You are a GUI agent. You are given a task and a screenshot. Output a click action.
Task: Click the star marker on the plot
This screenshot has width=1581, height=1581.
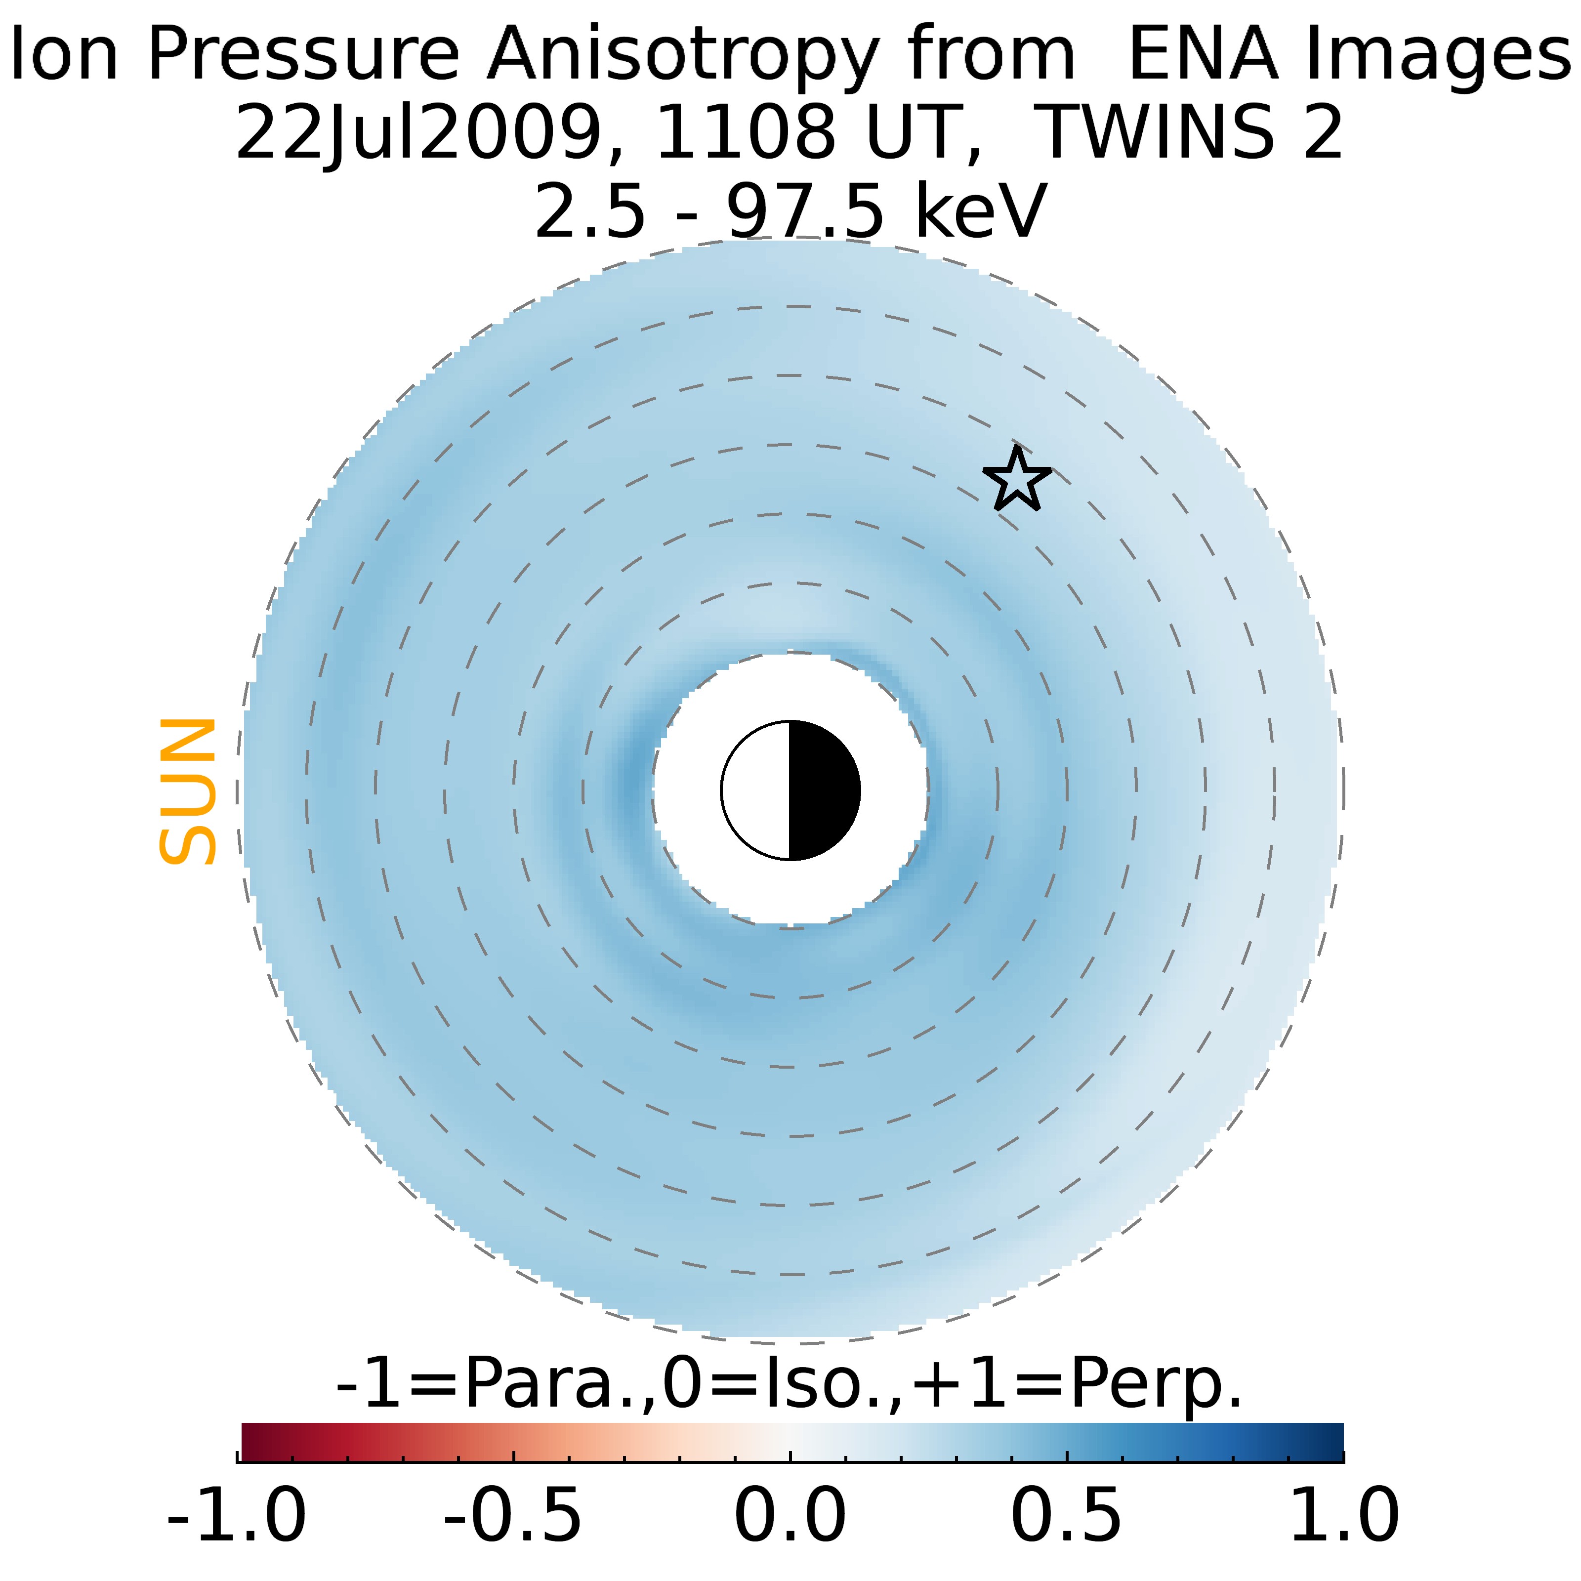click(1016, 480)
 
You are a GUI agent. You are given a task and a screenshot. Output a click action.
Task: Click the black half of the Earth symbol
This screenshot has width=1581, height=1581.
click(823, 790)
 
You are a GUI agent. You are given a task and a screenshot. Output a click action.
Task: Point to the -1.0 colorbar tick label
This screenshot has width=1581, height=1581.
click(237, 1514)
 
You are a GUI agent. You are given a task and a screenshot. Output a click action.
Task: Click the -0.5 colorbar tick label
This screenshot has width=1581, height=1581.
click(513, 1514)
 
